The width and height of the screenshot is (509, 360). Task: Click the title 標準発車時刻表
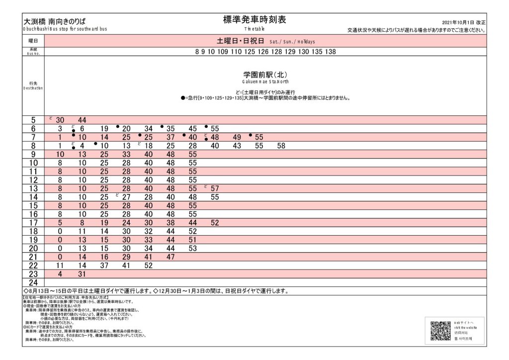tap(254, 19)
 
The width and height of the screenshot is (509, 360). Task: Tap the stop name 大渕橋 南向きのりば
tap(54, 21)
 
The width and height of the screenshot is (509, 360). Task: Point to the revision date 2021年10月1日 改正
tap(463, 23)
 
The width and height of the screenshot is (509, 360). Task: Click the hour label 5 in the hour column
tap(33, 120)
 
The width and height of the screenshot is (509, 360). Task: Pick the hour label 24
tap(33, 282)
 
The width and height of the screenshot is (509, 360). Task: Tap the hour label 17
tap(33, 223)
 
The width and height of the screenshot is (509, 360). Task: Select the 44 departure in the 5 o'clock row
tap(83, 120)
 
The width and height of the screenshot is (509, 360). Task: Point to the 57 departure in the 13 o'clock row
tap(215, 188)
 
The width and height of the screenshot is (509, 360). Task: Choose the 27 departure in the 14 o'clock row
tap(126, 197)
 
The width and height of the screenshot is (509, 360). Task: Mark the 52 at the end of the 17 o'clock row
tap(215, 223)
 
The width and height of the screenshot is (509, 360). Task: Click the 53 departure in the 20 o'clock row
tap(193, 248)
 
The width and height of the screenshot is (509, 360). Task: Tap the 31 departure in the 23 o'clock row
tap(83, 274)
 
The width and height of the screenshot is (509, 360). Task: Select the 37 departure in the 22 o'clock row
tap(104, 266)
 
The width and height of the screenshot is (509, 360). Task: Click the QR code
tap(440, 331)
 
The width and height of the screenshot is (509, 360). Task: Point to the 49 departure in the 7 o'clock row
tap(237, 137)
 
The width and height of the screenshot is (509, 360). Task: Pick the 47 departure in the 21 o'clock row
tap(171, 257)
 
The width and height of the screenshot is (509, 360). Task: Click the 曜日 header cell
tap(33, 41)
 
